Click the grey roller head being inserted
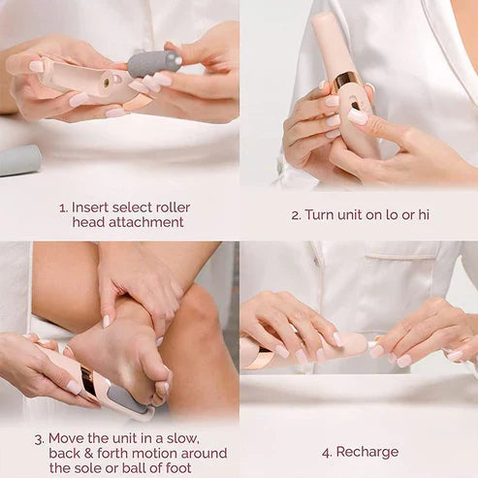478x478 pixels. coord(154,64)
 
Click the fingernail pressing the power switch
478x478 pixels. coord(357,116)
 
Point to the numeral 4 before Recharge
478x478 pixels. coord(326,452)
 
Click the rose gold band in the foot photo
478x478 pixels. coord(88,380)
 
